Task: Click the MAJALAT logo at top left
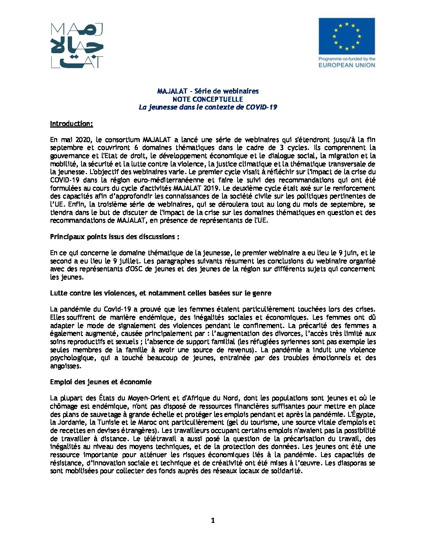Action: click(x=77, y=45)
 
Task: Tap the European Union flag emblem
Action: click(x=347, y=36)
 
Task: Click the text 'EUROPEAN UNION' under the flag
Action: click(x=347, y=65)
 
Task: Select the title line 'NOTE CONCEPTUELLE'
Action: click(x=208, y=99)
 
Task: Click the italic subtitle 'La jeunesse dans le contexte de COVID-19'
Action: click(x=208, y=107)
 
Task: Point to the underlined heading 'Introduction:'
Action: click(x=71, y=124)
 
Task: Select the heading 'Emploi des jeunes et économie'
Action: click(x=101, y=382)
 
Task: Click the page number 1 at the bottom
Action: click(x=213, y=520)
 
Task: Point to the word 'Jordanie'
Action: click(x=72, y=423)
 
